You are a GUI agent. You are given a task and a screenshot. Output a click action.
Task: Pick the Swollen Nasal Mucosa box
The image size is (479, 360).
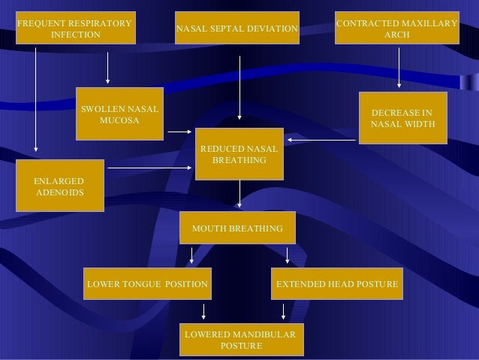[120, 114]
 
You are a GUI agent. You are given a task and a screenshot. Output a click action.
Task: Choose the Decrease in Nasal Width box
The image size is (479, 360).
[403, 118]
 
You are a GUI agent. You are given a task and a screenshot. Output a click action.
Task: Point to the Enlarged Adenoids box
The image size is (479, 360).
[60, 187]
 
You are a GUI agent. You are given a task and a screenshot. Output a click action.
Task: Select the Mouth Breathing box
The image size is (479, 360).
[238, 228]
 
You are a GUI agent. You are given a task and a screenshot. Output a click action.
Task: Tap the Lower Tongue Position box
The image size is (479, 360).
[148, 285]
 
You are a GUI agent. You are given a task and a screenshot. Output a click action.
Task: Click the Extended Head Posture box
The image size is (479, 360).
[337, 285]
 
